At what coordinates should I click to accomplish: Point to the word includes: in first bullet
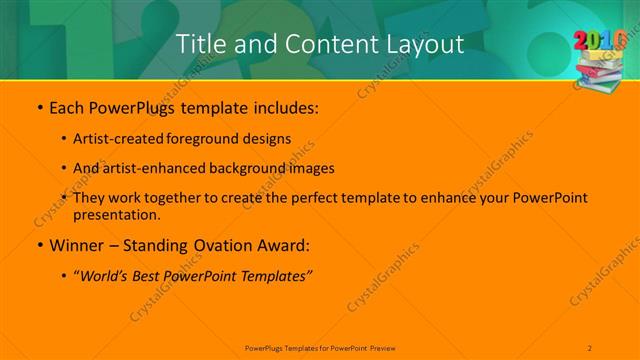coord(284,108)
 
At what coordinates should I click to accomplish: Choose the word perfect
coord(292,198)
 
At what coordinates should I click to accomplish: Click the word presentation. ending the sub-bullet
coord(116,214)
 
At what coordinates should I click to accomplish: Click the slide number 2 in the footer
coord(590,348)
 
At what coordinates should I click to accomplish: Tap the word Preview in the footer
coord(382,348)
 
